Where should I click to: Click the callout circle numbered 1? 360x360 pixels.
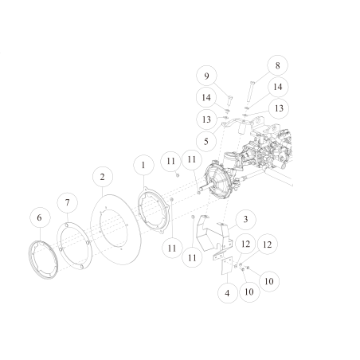click(143, 165)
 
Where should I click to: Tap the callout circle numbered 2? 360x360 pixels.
click(103, 175)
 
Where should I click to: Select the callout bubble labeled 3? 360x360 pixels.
click(245, 218)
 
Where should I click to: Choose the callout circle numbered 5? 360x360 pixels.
click(207, 141)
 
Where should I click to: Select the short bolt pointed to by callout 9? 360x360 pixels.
click(225, 100)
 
